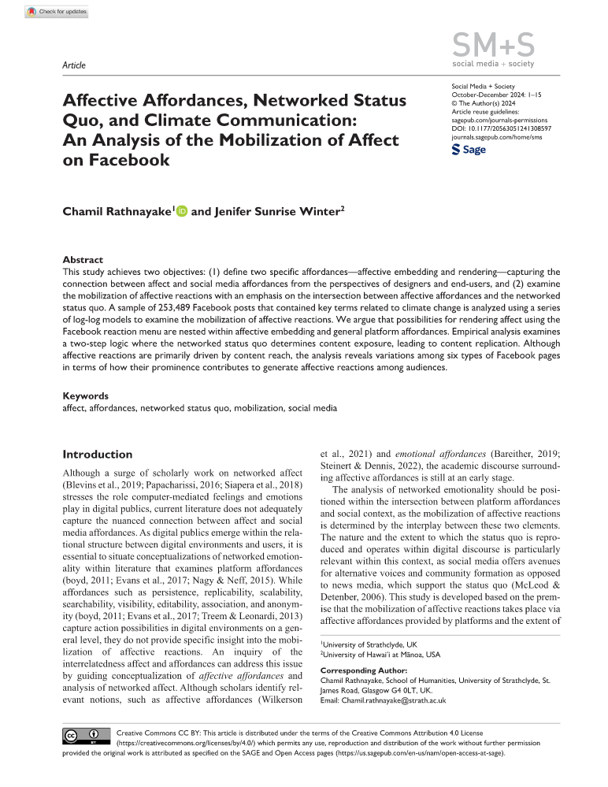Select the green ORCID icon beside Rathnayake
point(183,211)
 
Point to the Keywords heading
point(86,396)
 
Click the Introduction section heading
point(98,455)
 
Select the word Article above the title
point(73,65)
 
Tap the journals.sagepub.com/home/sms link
point(497,135)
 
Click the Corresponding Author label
point(363,670)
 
